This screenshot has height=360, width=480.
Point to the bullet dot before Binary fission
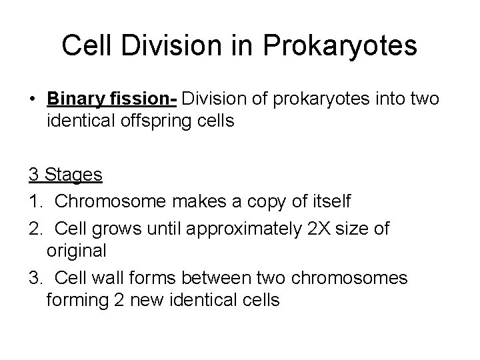[x=32, y=99]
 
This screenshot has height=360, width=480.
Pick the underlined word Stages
[x=75, y=175]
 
